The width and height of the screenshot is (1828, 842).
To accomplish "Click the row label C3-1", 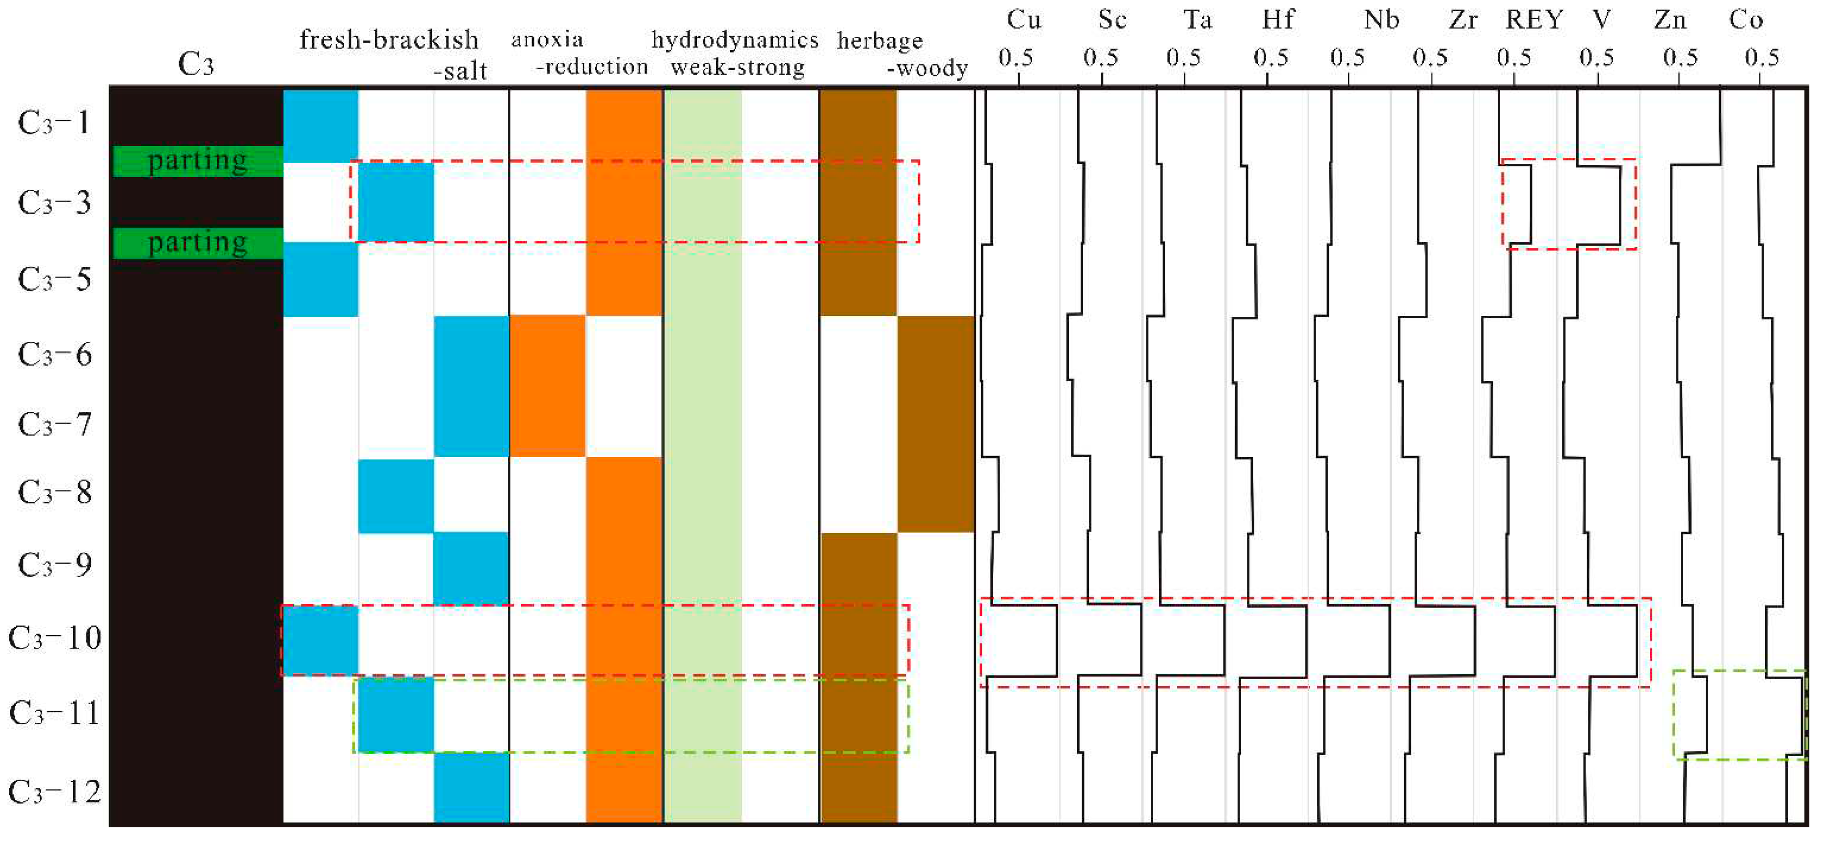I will click(54, 124).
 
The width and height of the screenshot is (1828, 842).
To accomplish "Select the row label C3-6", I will click(54, 354).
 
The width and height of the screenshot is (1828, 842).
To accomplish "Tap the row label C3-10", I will click(54, 638).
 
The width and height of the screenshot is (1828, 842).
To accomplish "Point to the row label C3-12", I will click(54, 791).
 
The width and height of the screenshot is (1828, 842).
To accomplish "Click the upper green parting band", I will click(198, 161).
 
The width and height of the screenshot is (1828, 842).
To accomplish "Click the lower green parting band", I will click(198, 243).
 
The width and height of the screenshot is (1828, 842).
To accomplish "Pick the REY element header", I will click(1534, 20).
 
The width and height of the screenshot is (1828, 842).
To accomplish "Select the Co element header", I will click(1747, 20).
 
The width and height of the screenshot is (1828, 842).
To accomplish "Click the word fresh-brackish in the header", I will click(389, 40).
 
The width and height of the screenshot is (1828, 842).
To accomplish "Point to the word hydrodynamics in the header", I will click(735, 40).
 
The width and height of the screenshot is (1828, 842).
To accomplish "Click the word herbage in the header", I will click(880, 41).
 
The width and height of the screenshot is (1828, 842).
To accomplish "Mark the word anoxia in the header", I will click(547, 39).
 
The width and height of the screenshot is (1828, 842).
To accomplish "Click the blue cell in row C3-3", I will click(396, 202).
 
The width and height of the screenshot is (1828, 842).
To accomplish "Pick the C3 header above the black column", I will click(196, 65).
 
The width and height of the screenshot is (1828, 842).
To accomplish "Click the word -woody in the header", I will click(927, 69).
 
